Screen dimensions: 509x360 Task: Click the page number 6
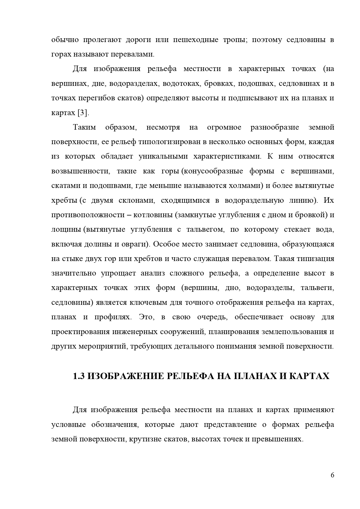tap(332, 475)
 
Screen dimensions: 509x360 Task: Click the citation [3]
tap(83, 113)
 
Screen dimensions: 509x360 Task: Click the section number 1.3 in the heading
tap(78, 376)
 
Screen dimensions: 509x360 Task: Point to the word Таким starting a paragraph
tap(82, 127)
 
